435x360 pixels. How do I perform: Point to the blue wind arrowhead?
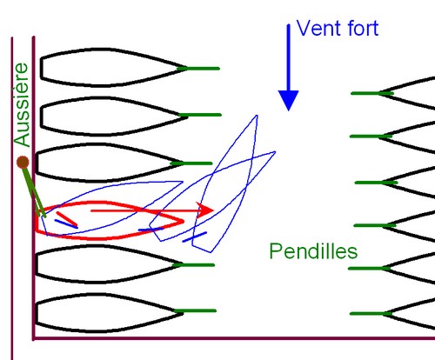click(x=288, y=100)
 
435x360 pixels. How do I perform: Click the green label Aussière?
click(x=22, y=105)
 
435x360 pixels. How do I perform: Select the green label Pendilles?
click(x=313, y=251)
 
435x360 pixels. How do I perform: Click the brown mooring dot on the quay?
click(x=23, y=163)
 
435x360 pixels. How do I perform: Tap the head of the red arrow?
click(x=205, y=210)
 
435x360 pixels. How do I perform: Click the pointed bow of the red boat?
click(x=184, y=221)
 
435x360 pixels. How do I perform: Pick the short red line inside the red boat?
click(x=67, y=218)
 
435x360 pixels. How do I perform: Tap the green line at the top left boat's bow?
click(x=198, y=69)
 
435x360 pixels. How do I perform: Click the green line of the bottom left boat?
click(x=195, y=310)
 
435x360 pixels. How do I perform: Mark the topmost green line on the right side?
click(x=372, y=93)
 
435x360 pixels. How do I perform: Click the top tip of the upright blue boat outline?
click(x=257, y=116)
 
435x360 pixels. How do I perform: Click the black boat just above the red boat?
click(x=107, y=163)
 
